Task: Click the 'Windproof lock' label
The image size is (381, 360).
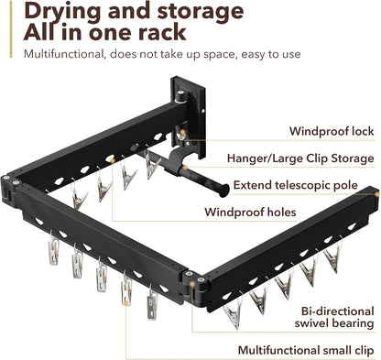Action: (332, 131)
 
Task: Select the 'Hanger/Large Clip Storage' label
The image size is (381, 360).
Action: (300, 158)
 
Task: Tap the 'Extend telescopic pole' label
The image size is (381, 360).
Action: (296, 185)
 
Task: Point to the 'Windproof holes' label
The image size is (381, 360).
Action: (250, 212)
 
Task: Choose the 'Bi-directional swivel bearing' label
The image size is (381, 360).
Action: (334, 317)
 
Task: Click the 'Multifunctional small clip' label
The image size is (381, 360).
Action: (306, 350)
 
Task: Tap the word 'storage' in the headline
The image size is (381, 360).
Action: (201, 11)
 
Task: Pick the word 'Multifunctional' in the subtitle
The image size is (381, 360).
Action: (64, 54)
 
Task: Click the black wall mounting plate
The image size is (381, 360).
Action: (189, 117)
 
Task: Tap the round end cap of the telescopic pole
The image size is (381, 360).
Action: (224, 190)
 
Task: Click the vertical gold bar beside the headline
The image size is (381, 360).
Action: (11, 29)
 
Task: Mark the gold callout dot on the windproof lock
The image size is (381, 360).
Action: (182, 132)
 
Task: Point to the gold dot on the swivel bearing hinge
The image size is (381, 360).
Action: (192, 284)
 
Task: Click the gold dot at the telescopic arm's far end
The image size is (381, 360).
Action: (377, 194)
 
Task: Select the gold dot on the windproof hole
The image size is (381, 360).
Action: (112, 160)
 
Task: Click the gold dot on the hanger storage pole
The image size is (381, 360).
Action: (184, 168)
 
